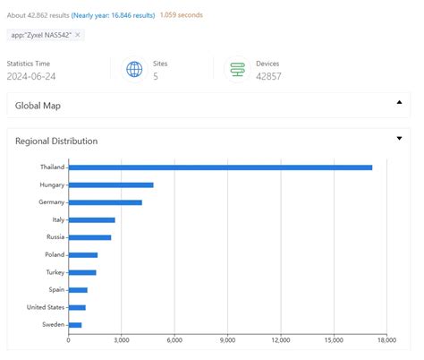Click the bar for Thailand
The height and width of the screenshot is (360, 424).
pyautogui.click(x=220, y=167)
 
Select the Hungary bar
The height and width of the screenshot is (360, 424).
pyautogui.click(x=111, y=184)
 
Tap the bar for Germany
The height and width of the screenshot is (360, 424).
pyautogui.click(x=105, y=202)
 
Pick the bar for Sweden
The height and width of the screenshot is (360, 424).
pyautogui.click(x=75, y=324)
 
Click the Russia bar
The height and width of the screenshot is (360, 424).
pyautogui.click(x=89, y=237)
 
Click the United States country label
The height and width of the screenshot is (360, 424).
pyautogui.click(x=46, y=307)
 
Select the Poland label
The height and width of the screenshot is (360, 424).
pyautogui.click(x=54, y=254)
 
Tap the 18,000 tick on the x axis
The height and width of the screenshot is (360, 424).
pyautogui.click(x=386, y=339)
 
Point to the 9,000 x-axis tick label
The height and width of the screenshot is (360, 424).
pyautogui.click(x=227, y=339)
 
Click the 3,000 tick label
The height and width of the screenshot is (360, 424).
pyautogui.click(x=122, y=339)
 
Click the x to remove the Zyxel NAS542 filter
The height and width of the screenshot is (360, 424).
pyautogui.click(x=78, y=35)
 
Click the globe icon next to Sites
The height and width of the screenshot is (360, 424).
pyautogui.click(x=134, y=70)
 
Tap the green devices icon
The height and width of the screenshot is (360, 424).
pyautogui.click(x=238, y=70)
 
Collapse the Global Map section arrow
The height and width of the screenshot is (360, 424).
pyautogui.click(x=399, y=103)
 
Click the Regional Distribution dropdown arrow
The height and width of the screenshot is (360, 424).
pyautogui.click(x=399, y=139)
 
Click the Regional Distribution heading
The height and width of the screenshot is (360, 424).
pyautogui.click(x=56, y=141)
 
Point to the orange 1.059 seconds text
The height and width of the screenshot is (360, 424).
pyautogui.click(x=184, y=15)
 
